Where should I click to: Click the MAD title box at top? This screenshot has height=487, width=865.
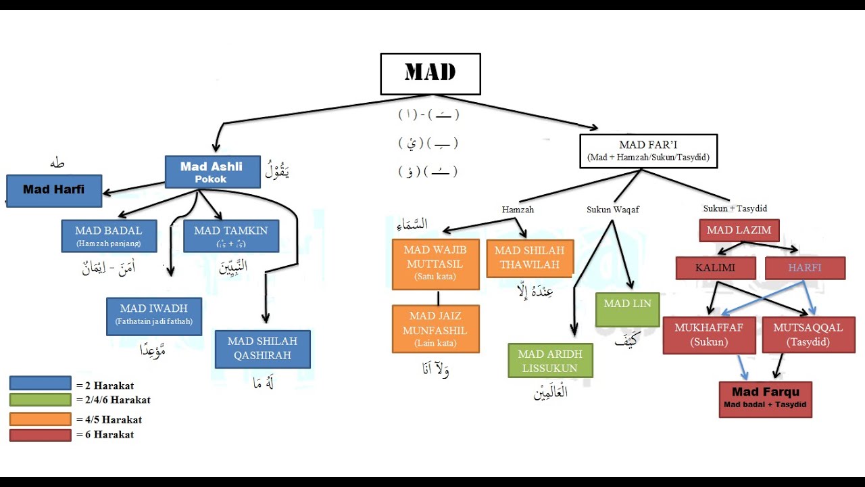430,74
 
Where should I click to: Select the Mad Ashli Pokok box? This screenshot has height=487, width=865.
212,172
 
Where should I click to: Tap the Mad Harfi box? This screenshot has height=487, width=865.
54,190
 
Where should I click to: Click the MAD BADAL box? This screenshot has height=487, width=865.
109,235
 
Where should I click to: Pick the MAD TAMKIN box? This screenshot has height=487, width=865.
230,235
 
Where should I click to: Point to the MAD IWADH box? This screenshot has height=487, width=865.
153,315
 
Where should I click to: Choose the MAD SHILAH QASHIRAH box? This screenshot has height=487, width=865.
262,348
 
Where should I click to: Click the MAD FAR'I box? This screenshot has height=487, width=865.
648,151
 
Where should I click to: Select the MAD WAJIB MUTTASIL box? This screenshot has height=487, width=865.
435,263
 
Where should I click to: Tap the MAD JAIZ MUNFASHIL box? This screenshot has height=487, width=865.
435,329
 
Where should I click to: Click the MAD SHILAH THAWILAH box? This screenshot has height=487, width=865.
529,258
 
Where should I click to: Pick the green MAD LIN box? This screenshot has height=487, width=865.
627,309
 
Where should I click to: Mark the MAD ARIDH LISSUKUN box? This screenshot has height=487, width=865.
550,361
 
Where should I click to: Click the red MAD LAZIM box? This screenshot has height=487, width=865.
739,230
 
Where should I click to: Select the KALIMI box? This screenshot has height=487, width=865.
715,268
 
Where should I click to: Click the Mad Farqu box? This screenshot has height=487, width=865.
765,399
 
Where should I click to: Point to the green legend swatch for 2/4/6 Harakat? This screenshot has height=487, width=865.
40,400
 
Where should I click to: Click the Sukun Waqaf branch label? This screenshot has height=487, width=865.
612,210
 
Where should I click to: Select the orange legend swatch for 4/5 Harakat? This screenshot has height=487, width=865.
40,419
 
